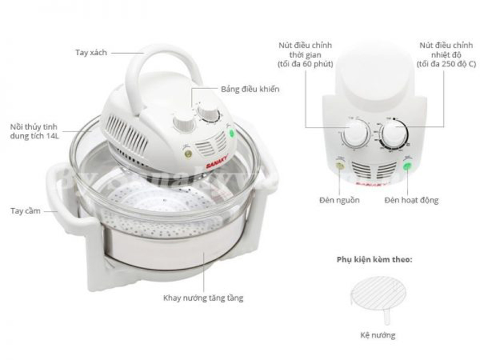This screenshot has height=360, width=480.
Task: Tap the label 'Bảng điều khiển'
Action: (250, 89)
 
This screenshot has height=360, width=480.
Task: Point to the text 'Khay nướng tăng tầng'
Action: (203, 297)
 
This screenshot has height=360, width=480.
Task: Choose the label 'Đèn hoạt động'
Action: (411, 200)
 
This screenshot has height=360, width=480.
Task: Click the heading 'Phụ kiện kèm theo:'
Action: (374, 260)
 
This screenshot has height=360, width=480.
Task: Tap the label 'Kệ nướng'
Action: (377, 335)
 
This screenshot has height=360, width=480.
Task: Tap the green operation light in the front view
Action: (406, 166)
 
